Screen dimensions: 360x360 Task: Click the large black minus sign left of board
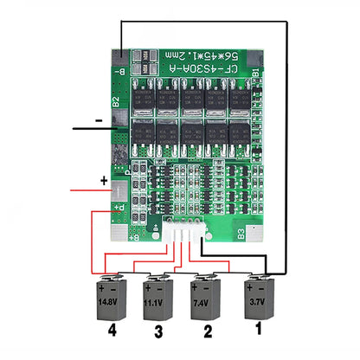pyautogui.click(x=100, y=119)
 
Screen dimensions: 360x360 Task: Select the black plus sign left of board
pyautogui.click(x=103, y=183)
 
